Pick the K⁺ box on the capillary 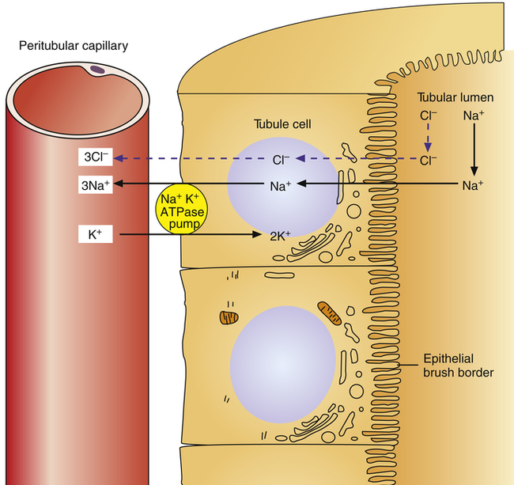(96, 234)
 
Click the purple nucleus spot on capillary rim (96, 70)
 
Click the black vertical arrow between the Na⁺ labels (474, 150)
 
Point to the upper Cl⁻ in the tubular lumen (428, 116)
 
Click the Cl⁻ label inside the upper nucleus (282, 159)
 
